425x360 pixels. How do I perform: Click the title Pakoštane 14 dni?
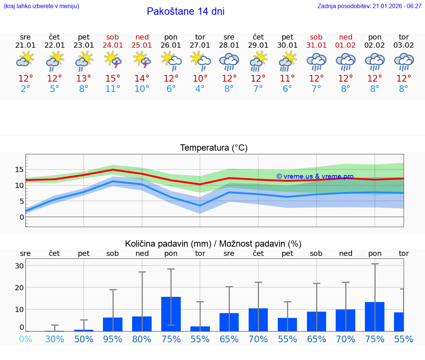coord(186,11)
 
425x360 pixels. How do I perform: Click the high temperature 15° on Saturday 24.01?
coord(113,79)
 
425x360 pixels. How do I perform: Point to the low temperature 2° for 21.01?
coord(25,89)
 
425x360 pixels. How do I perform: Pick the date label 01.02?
coord(346,45)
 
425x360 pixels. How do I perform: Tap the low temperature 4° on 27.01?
coord(200,89)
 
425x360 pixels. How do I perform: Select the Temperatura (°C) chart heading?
coord(214,148)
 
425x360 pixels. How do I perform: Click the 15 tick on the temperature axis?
coord(19,169)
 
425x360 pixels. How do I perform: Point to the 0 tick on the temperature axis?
coord(21,217)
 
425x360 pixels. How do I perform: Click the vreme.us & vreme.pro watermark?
coord(315,176)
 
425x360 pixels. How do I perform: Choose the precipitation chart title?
coord(213,244)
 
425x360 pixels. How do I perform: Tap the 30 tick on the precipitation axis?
coord(19,266)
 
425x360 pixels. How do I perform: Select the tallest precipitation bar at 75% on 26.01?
coord(171,314)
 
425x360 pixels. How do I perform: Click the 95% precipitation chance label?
coord(113,339)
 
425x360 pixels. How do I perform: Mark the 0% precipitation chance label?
coord(25,339)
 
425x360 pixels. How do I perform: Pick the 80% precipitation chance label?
coord(142,339)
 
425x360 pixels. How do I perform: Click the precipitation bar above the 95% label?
coord(113,324)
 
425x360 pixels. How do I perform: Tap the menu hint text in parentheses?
coord(41,6)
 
